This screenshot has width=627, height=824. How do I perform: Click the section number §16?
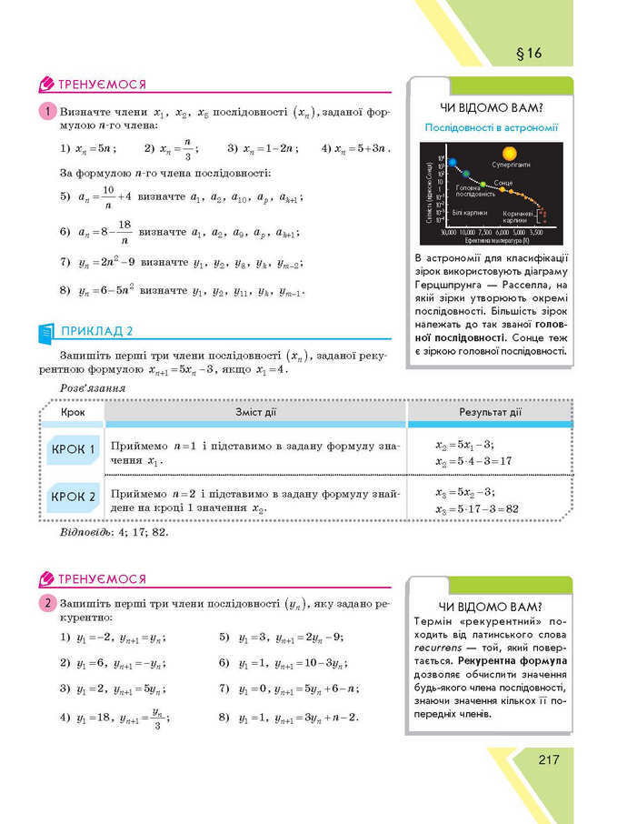coord(528,53)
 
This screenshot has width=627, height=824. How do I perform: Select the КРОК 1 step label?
coord(74,449)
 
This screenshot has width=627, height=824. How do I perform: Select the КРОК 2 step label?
coord(74,497)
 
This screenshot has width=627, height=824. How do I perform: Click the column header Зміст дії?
coord(255,412)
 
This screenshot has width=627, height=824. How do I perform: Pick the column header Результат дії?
coord(490,412)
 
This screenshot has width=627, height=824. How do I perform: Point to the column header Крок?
coord(73,412)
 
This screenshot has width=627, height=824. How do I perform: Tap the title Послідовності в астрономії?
coord(491,128)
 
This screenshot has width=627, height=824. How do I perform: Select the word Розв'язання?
coord(92,388)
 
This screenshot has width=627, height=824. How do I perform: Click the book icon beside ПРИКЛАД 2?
coord(47,332)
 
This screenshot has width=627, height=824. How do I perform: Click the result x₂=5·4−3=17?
coord(473,461)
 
